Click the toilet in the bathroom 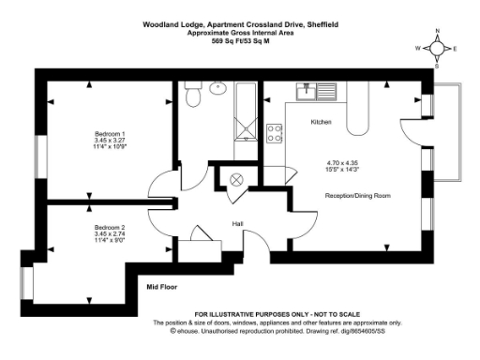point(192,95)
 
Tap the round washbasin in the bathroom point(218,89)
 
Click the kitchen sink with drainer point(310,91)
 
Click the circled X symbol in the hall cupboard point(235,179)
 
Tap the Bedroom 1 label point(110,132)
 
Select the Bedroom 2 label point(110,227)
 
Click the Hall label point(239,223)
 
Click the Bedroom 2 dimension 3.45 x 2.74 point(110,234)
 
